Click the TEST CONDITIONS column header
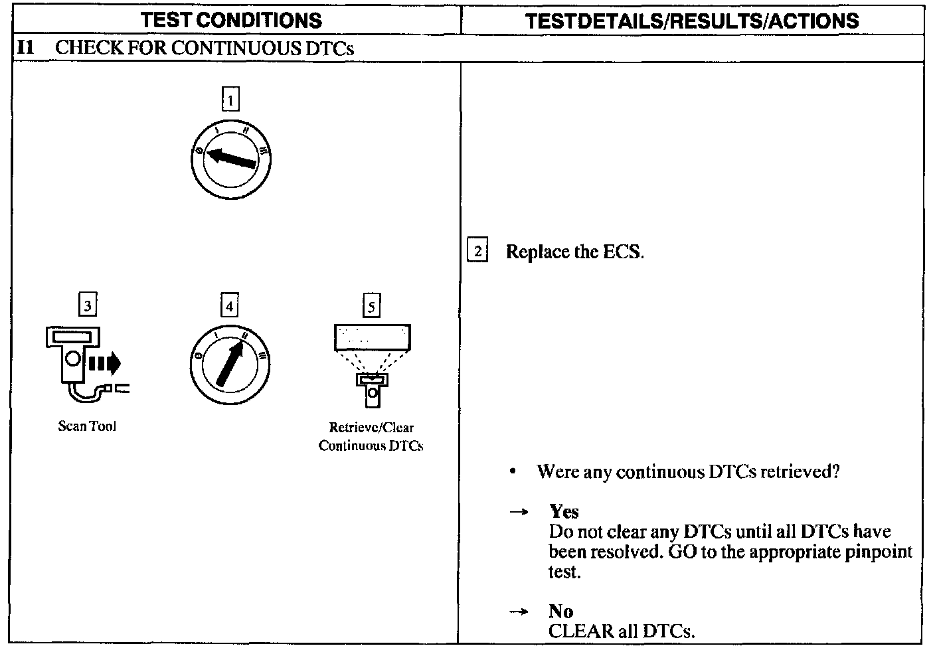(232, 20)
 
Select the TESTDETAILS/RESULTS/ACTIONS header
(692, 21)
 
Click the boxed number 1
(230, 100)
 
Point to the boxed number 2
(477, 252)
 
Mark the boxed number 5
(371, 306)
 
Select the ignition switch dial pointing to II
(230, 365)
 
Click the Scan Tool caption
(87, 426)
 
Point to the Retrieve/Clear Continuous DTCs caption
(371, 437)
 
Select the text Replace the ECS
(574, 252)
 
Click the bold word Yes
(564, 511)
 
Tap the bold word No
(560, 611)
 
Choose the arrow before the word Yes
(519, 512)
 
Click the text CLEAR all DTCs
(622, 631)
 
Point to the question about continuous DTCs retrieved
(688, 472)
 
